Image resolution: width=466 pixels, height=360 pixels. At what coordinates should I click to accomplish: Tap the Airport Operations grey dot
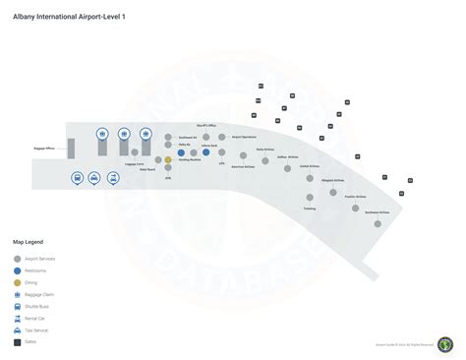[223, 137]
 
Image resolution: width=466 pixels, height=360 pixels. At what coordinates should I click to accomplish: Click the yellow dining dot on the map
[168, 159]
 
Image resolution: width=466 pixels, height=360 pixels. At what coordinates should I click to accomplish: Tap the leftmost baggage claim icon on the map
[102, 134]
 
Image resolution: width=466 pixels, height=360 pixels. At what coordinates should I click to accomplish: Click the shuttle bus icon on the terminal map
[77, 178]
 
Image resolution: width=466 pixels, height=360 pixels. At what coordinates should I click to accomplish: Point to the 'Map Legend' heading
[28, 241]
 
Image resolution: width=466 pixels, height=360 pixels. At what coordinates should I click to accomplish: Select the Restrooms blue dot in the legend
[17, 270]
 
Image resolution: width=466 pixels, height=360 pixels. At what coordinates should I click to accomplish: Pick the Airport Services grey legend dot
[17, 258]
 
